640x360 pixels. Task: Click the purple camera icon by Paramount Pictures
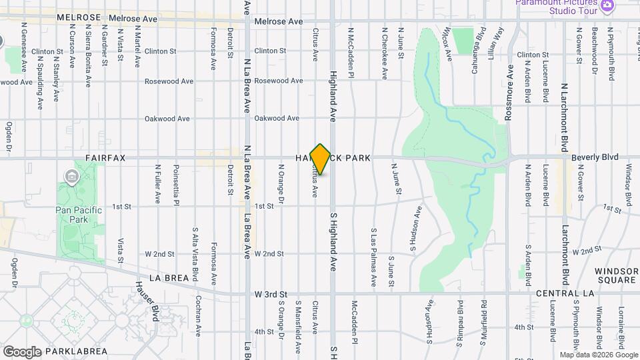coord(607,6)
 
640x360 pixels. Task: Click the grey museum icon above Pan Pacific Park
coord(71,176)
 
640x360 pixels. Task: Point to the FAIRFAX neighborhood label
coord(105,158)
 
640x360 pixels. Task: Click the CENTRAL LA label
coord(561,293)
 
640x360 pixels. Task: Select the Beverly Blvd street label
coord(595,157)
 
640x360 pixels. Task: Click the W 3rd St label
coord(270,294)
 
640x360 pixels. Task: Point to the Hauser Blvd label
coord(155,300)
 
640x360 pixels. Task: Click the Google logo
coord(22,351)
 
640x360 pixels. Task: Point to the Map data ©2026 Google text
coord(598,355)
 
